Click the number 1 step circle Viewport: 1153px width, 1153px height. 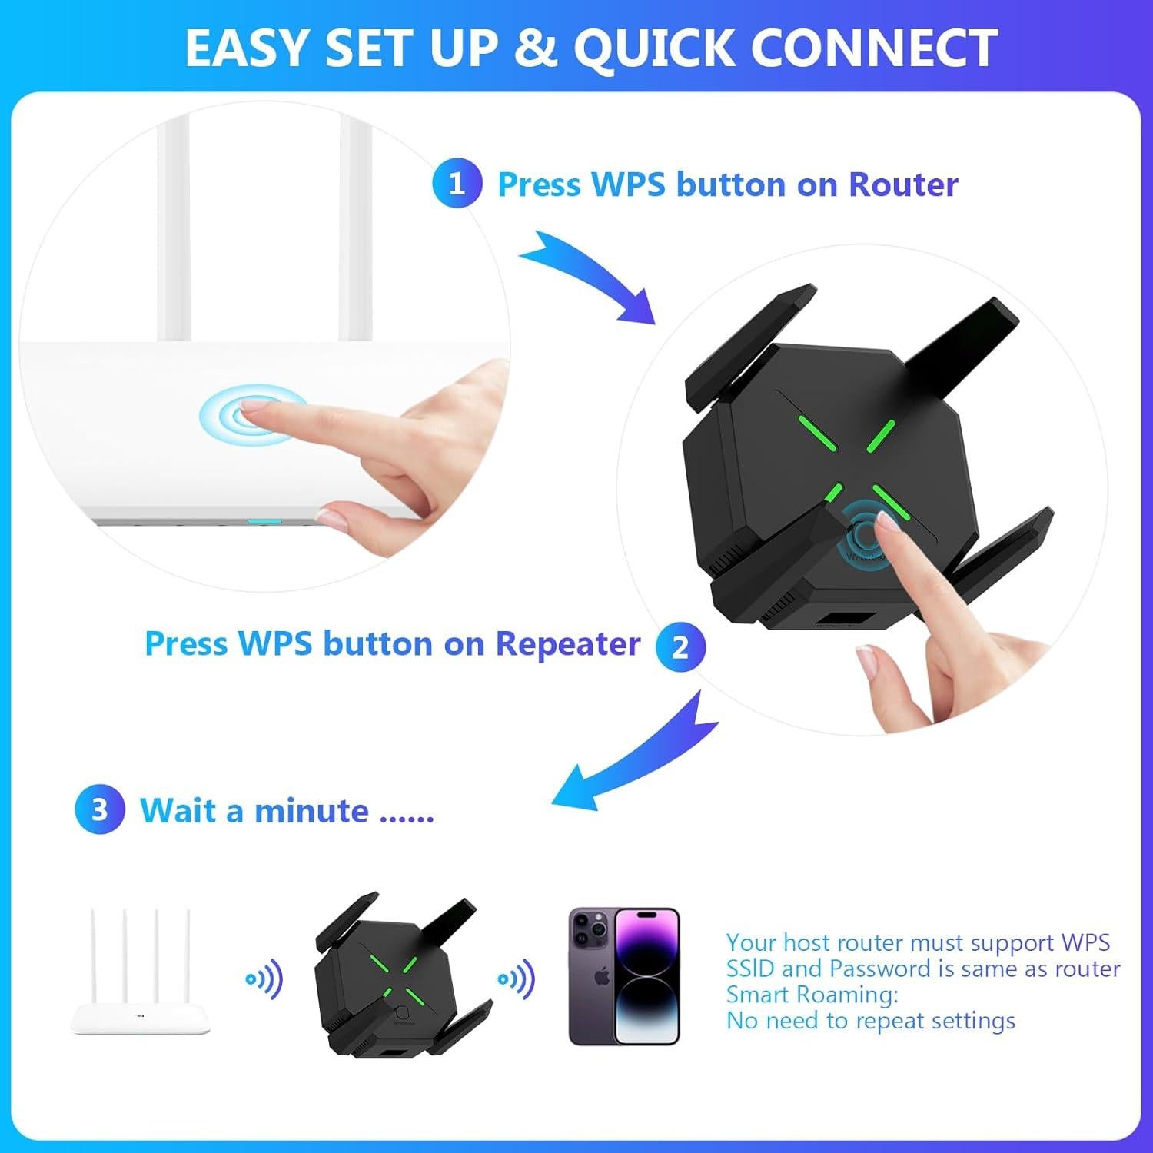pos(457,184)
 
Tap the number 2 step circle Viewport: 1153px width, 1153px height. pos(680,646)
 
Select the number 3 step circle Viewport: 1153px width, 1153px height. pos(99,809)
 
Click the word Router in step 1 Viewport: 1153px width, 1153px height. pos(903,184)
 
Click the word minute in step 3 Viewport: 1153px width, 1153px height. pos(311,811)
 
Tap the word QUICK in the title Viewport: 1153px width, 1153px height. pos(655,48)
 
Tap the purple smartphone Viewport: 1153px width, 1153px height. pos(624,976)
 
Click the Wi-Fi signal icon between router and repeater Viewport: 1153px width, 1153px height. pos(264,979)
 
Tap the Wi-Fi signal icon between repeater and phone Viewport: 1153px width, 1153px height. pos(517,979)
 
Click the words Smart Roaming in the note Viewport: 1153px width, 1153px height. pos(812,995)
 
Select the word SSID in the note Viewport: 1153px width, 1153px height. pos(751,969)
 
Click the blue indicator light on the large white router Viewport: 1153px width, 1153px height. pos(264,521)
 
